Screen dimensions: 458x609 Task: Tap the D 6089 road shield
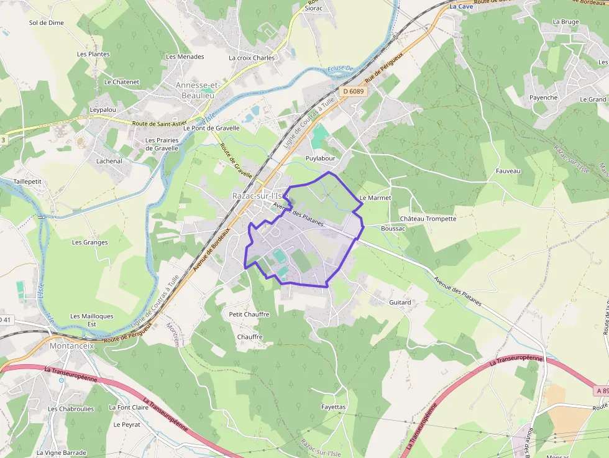(x=353, y=91)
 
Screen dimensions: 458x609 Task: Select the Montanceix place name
(x=71, y=346)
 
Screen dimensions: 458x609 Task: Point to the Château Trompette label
(x=428, y=219)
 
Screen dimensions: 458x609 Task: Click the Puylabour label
(x=320, y=158)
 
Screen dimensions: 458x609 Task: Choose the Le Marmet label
(x=375, y=198)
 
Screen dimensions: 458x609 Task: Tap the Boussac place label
(x=393, y=229)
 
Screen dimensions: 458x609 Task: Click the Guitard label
(x=400, y=303)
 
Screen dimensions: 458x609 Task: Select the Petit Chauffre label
(x=249, y=314)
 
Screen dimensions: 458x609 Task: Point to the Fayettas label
(x=333, y=407)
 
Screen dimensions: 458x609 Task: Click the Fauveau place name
(x=508, y=171)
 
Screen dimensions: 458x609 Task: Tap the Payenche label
(x=543, y=98)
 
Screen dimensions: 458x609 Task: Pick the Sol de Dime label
(x=47, y=23)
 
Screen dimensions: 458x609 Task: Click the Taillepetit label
(x=27, y=181)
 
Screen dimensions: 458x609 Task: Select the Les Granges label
(x=89, y=242)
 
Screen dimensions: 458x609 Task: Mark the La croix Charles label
(x=252, y=58)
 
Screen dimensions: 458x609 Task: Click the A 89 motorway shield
(x=601, y=391)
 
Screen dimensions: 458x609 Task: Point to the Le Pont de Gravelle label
(x=211, y=128)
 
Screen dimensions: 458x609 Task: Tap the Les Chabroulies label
(x=71, y=409)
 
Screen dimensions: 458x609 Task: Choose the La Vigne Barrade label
(x=61, y=453)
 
